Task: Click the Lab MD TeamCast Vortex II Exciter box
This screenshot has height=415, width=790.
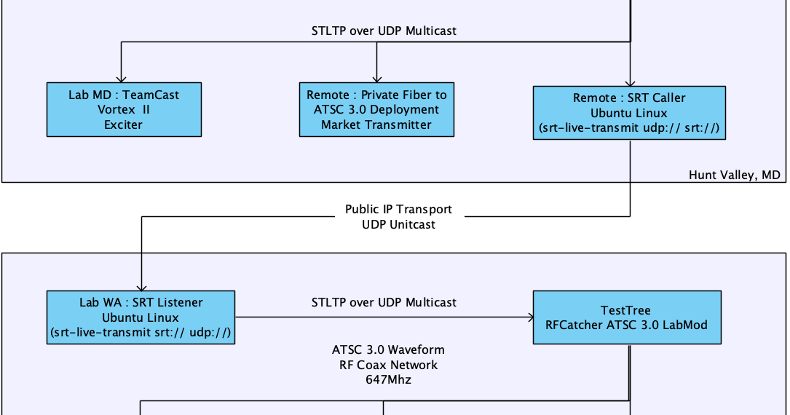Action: [x=123, y=109]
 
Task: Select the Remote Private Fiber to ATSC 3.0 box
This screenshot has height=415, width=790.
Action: [x=376, y=109]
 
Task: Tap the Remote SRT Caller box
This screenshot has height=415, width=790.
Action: [x=629, y=113]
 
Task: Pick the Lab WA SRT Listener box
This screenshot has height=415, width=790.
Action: [x=141, y=317]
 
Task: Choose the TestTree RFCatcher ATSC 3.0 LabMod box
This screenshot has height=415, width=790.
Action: [x=627, y=317]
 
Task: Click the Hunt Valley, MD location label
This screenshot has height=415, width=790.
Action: [x=734, y=175]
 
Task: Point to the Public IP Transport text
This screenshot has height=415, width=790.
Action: [x=398, y=209]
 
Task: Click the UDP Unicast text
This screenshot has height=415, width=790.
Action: [x=398, y=224]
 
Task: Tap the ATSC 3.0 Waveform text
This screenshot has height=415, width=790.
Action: [x=387, y=349]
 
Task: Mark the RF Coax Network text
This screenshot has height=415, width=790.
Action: [x=387, y=365]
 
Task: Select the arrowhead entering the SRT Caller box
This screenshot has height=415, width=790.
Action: [x=630, y=82]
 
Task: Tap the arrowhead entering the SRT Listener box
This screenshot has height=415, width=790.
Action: [x=141, y=287]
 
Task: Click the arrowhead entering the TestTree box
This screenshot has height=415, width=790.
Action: [x=528, y=317]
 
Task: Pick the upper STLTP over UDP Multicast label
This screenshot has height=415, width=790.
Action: [x=384, y=31]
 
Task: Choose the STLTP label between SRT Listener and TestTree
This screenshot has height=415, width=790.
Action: [x=384, y=302]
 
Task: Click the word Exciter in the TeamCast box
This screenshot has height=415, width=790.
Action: [x=123, y=125]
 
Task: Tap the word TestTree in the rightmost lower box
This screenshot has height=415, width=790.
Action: [x=627, y=310]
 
